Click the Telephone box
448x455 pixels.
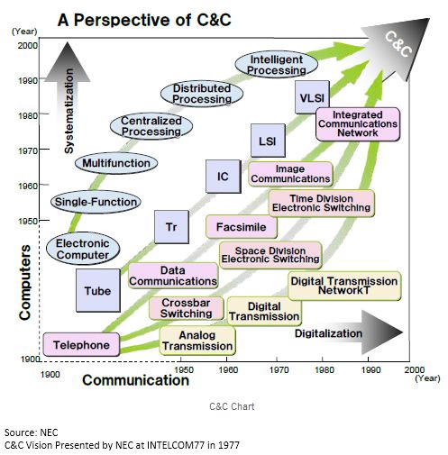pyautogui.click(x=81, y=344)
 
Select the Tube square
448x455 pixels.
pyautogui.click(x=98, y=290)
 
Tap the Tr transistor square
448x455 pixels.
pyautogui.click(x=171, y=227)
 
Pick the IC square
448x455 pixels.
pyautogui.click(x=224, y=177)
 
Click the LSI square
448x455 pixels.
pyautogui.click(x=268, y=141)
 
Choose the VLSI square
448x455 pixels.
pyautogui.click(x=312, y=97)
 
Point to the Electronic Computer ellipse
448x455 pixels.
pyautogui.click(x=83, y=249)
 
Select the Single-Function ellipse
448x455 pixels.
pyautogui.click(x=96, y=202)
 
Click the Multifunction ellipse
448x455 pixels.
pyautogui.click(x=116, y=163)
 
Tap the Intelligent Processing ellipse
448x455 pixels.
pyautogui.click(x=277, y=65)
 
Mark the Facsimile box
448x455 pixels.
pyautogui.click(x=242, y=227)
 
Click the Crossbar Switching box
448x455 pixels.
pyautogui.click(x=187, y=308)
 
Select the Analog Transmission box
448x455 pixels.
pyautogui.click(x=197, y=341)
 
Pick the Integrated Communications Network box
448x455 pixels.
pyautogui.click(x=358, y=124)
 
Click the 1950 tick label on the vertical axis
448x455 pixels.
pyautogui.click(x=28, y=221)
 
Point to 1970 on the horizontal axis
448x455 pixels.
pyautogui.click(x=279, y=369)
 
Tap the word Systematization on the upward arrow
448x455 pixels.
pyautogui.click(x=69, y=111)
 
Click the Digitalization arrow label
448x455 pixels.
pyautogui.click(x=328, y=333)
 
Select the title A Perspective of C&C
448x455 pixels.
pyautogui.click(x=144, y=20)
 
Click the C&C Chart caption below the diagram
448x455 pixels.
pyautogui.click(x=232, y=406)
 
